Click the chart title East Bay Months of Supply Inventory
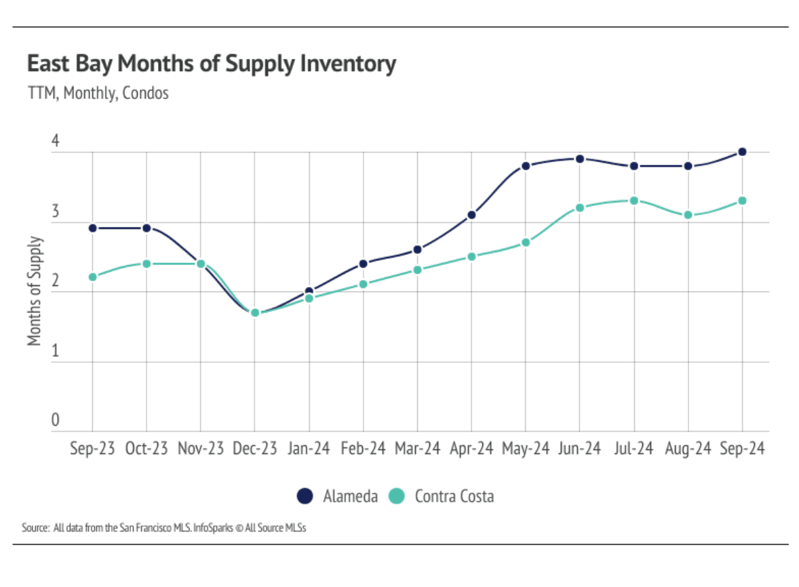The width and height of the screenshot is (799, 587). (x=212, y=64)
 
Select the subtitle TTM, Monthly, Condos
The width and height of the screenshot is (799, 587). (x=98, y=94)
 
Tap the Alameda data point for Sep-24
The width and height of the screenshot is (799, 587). (x=742, y=152)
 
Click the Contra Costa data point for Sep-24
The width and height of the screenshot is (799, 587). (x=742, y=201)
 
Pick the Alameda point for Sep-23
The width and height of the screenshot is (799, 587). (x=92, y=228)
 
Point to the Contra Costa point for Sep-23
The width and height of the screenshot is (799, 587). (x=92, y=277)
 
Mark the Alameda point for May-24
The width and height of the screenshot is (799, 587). (x=526, y=166)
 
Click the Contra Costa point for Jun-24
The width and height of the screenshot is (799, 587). (x=580, y=207)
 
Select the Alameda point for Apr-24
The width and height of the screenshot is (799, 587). (x=471, y=215)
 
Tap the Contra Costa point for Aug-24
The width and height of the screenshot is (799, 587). (x=688, y=215)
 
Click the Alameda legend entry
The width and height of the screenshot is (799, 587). (x=338, y=496)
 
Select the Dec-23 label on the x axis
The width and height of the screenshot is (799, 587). (x=254, y=449)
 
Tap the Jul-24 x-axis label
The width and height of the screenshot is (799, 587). (x=634, y=449)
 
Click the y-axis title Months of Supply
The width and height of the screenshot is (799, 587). (x=35, y=291)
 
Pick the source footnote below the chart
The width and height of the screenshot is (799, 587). (x=164, y=527)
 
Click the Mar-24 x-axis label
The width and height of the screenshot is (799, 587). (x=417, y=449)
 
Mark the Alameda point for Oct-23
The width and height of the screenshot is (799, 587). (x=147, y=228)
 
